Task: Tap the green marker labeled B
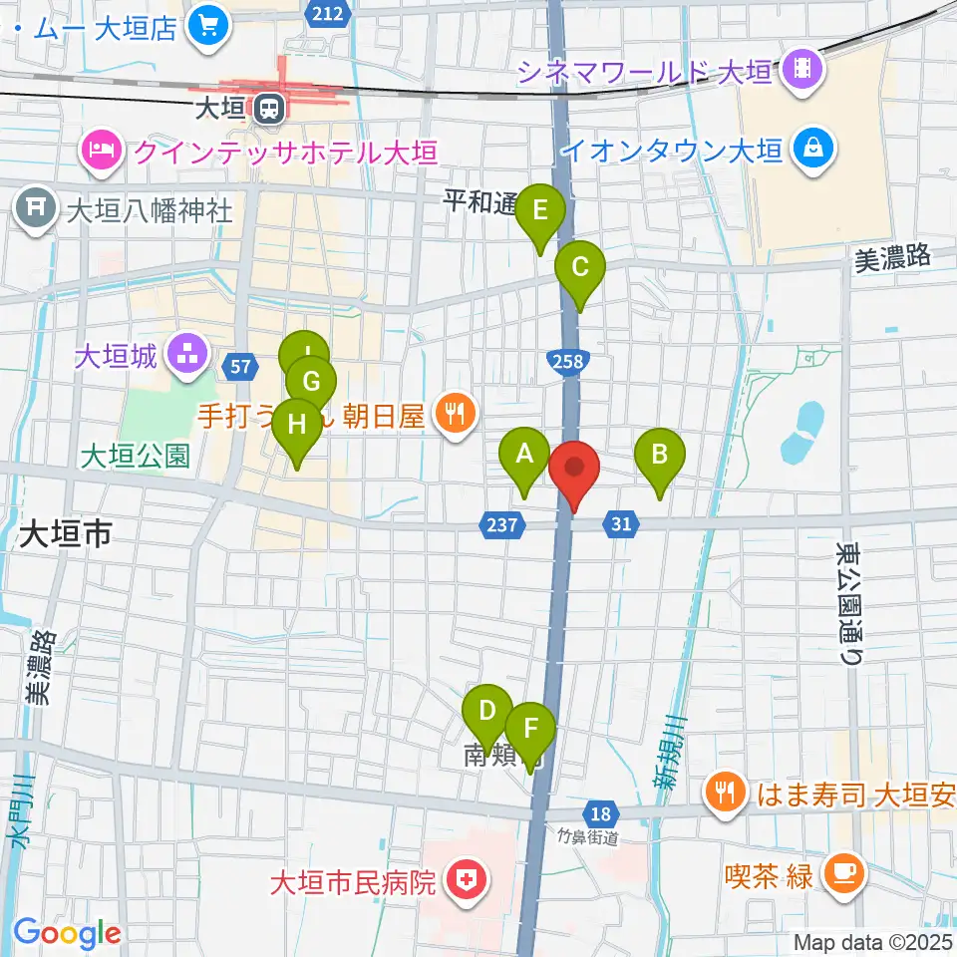659,456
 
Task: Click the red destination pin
574,469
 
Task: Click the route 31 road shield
620,523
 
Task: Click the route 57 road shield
239,367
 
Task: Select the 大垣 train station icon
266,108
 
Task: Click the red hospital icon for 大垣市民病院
464,881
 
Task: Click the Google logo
67,934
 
